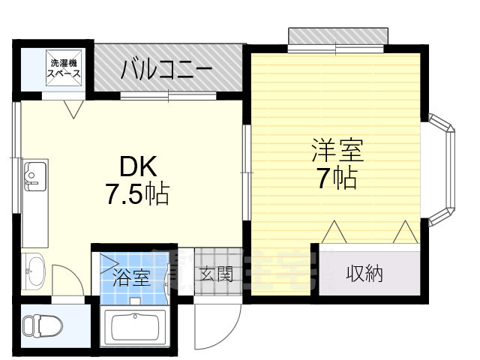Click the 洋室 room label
[337, 150]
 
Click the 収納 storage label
[364, 274]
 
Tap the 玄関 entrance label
[215, 274]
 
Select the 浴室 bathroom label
[130, 278]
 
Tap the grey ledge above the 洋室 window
[337, 36]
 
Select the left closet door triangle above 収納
[334, 232]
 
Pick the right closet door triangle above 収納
[405, 232]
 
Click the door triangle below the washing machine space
[74, 109]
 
